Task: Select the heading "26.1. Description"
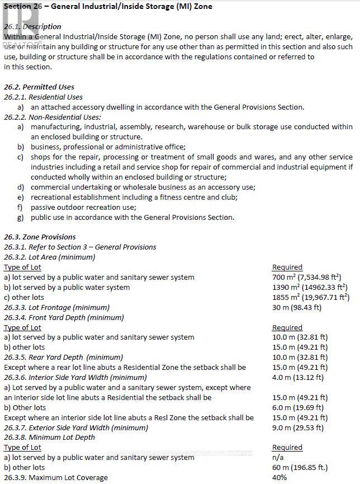[32, 26]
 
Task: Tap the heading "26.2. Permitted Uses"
[39, 87]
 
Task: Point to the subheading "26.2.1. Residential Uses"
[43, 97]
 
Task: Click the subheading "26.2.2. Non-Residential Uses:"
[53, 117]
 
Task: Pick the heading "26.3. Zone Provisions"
[40, 237]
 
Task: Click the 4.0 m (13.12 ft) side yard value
[297, 377]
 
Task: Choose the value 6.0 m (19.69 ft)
[297, 407]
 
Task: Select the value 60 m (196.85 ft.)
[300, 467]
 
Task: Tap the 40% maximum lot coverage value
[280, 477]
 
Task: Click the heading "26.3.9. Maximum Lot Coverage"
[55, 477]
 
